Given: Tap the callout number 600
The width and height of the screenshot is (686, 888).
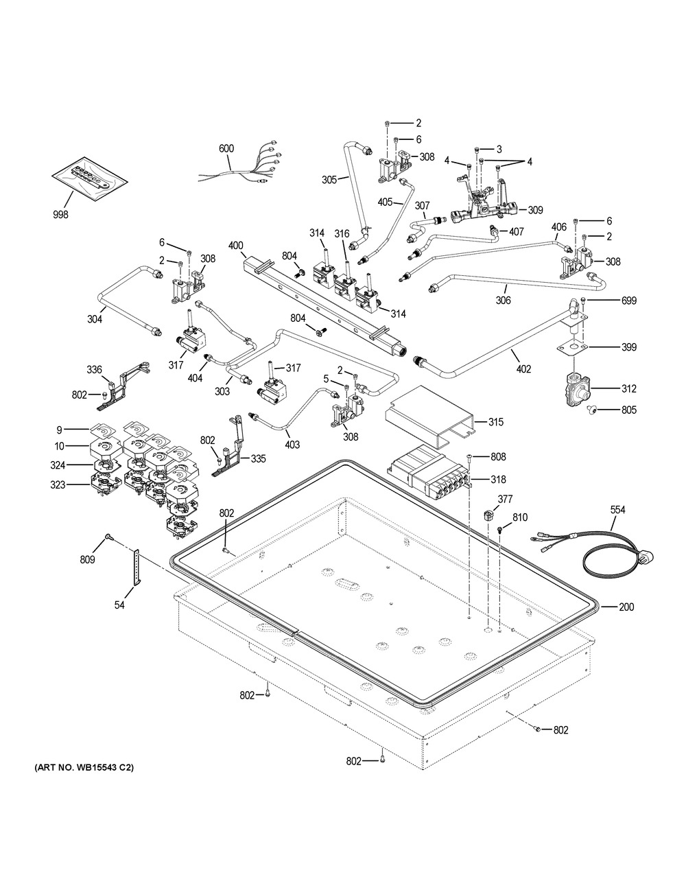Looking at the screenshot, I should (x=226, y=148).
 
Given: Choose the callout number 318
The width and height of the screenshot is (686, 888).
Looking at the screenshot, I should (x=497, y=480).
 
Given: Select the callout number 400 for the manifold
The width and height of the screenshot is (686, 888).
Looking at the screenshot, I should (x=235, y=245).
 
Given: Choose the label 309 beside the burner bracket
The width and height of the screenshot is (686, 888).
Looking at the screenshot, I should (x=535, y=210).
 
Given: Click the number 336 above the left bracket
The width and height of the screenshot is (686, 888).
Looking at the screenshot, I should (x=94, y=370).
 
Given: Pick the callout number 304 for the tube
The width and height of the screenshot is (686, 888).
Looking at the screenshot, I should (x=95, y=318).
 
